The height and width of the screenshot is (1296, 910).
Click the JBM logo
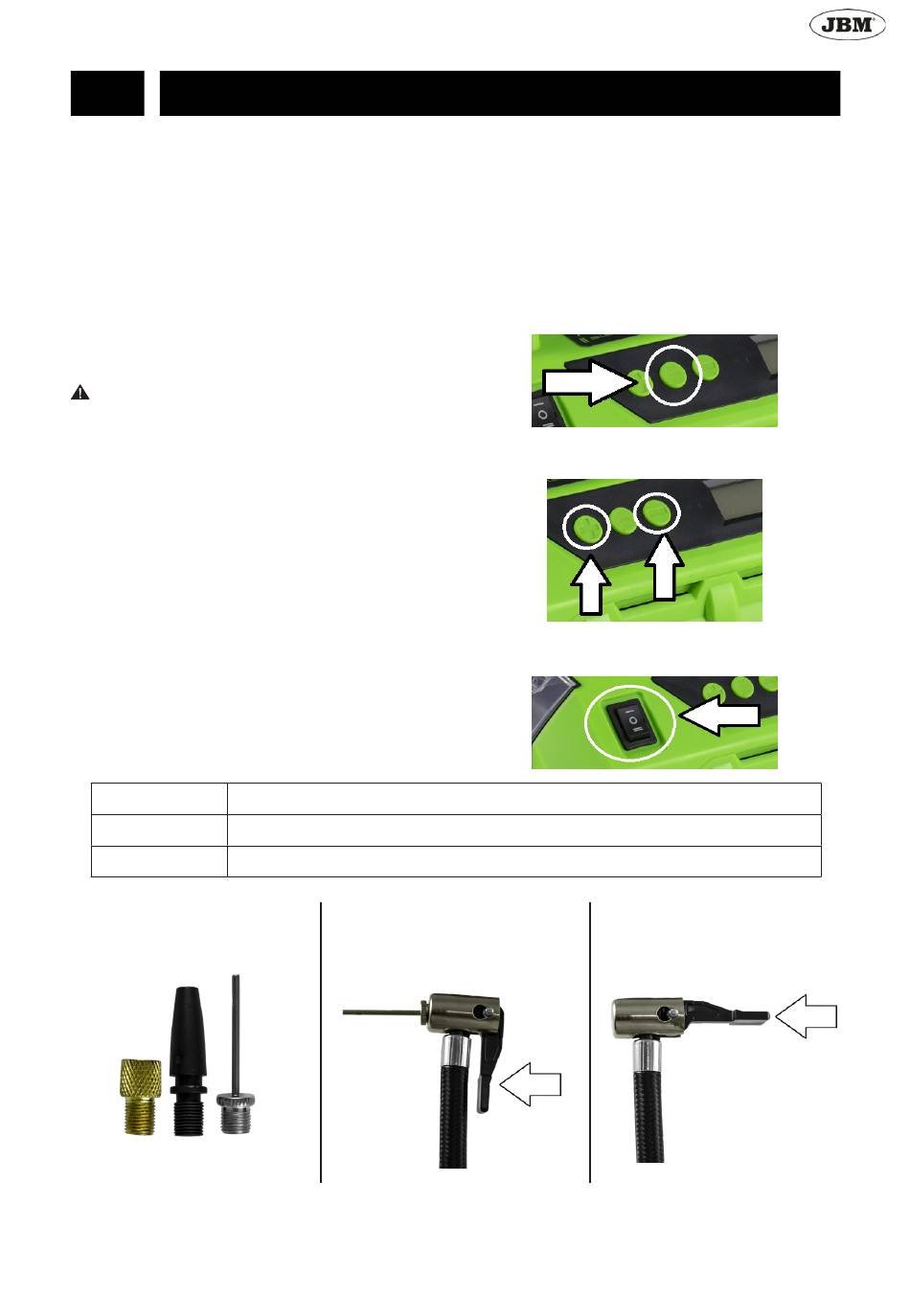point(847,24)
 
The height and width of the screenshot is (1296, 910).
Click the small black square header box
point(107,93)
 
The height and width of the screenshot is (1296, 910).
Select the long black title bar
point(500,93)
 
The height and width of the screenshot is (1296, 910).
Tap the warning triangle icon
point(80,394)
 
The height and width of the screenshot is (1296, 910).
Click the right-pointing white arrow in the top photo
point(588,382)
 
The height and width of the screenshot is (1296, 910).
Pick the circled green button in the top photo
point(674,375)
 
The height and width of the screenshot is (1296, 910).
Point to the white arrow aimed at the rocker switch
point(719,715)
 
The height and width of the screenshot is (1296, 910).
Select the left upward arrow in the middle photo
point(590,583)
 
